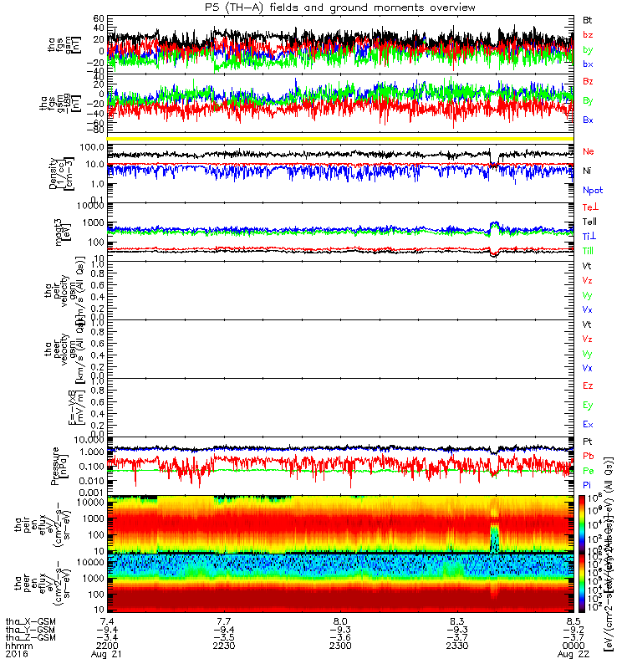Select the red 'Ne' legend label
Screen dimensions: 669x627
pos(589,151)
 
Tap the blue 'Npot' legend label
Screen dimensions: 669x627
pos(592,190)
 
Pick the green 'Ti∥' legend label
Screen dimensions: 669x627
pos(589,251)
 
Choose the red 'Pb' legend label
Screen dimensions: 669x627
pos(589,457)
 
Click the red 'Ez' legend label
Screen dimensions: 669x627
pos(589,386)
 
